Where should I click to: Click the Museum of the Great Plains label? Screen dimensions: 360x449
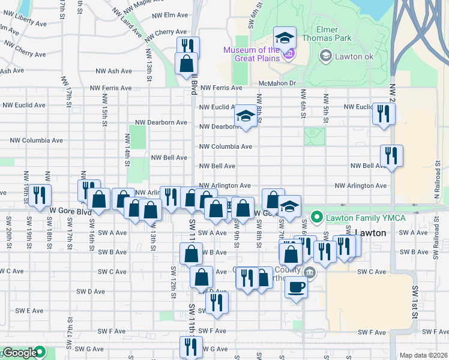click(252, 54)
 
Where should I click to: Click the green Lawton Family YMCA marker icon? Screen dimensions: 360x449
click(316, 216)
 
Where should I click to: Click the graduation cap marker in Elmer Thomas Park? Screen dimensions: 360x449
click(285, 38)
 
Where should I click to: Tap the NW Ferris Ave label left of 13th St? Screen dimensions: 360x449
click(110, 88)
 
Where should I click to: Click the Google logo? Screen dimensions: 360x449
click(20, 353)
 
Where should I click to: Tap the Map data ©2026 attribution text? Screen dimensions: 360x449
click(423, 355)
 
